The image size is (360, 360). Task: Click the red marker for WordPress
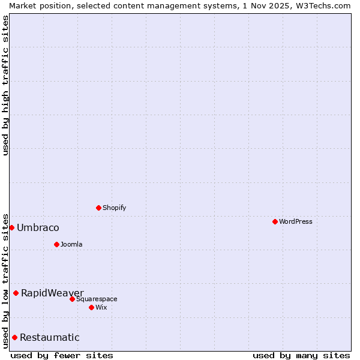point(275,221)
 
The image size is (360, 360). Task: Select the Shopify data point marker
point(98,208)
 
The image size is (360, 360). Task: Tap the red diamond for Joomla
point(56,244)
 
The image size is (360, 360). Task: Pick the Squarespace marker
point(72,299)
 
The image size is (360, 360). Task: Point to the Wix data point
point(91,307)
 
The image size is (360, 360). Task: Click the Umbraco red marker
point(11,227)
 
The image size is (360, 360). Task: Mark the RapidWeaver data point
point(16,293)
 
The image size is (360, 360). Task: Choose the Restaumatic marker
point(14,337)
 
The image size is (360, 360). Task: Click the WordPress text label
point(295,221)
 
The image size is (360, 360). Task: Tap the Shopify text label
point(114,208)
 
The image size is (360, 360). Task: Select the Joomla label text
point(71,244)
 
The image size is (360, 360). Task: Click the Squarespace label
point(97,299)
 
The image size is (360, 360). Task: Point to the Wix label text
point(101,307)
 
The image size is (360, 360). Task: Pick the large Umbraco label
point(38,227)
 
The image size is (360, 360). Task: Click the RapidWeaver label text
point(52,293)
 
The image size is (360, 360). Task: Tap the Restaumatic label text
point(49,337)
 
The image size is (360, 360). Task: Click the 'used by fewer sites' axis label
point(62,355)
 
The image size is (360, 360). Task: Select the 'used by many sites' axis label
point(301,355)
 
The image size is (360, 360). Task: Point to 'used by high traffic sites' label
point(5,85)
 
